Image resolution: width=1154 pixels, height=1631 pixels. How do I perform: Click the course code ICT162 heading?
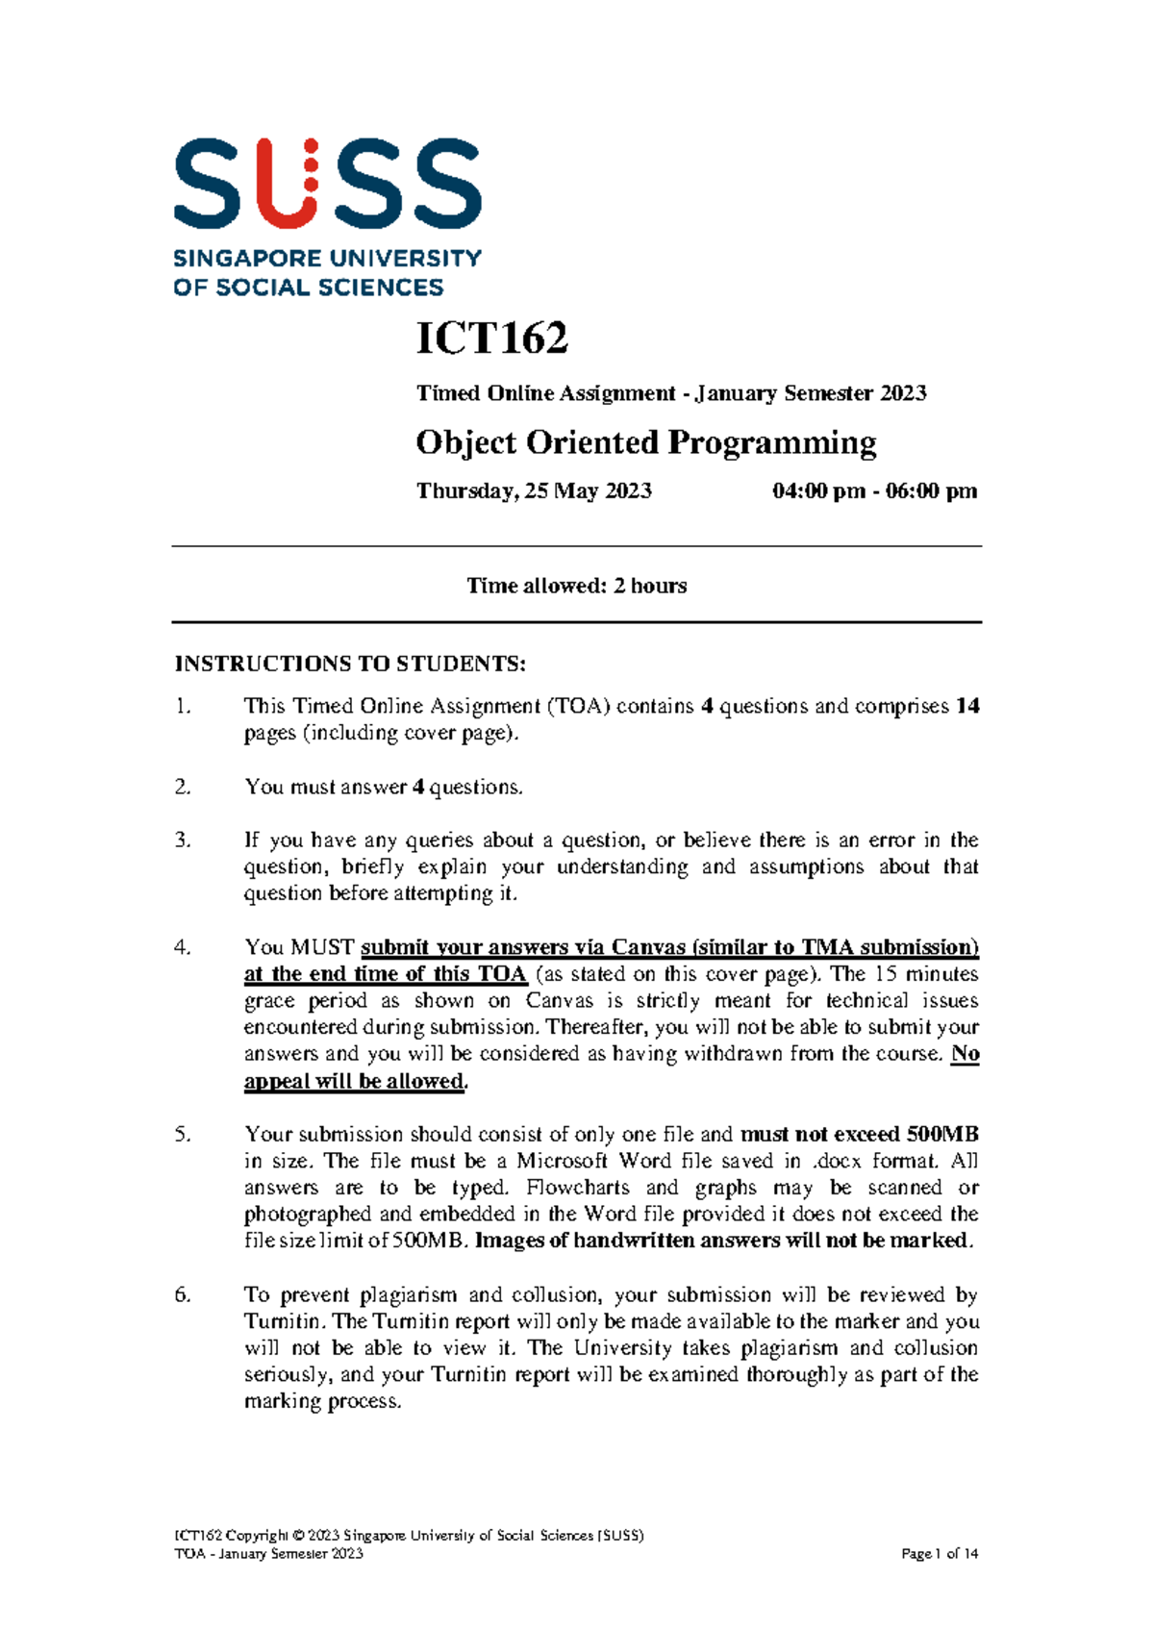point(491,339)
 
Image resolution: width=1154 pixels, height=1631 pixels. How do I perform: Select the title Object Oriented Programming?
point(645,442)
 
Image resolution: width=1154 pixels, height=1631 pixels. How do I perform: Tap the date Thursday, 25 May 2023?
point(534,491)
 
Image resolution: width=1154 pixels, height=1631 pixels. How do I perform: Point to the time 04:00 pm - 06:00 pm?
point(874,491)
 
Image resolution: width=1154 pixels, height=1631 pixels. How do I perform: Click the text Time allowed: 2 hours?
point(576,586)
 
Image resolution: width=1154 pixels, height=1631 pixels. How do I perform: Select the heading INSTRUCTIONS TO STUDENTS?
point(350,664)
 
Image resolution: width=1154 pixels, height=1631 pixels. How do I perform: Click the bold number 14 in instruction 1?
point(967,706)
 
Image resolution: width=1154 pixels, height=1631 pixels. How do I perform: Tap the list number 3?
point(183,840)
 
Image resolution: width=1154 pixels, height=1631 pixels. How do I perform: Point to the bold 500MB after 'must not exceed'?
point(942,1135)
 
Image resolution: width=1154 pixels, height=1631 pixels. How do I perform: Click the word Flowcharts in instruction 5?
point(578,1188)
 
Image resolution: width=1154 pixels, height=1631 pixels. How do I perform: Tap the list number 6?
point(183,1294)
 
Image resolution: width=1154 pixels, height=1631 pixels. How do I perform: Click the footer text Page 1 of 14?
point(940,1553)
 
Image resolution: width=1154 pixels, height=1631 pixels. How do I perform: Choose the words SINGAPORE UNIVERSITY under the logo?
point(327,259)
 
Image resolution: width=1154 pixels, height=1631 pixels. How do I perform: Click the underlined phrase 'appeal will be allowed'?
point(354,1081)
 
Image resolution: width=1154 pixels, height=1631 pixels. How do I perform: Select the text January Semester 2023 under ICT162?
point(811,393)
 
